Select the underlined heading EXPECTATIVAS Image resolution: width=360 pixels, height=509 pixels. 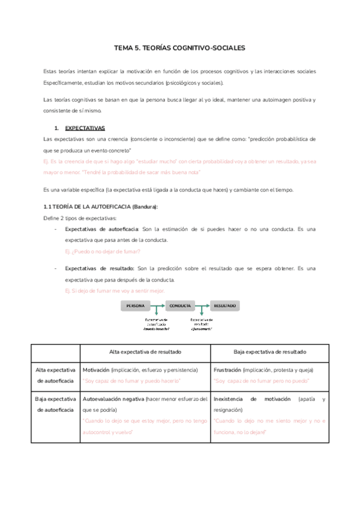pos(85,128)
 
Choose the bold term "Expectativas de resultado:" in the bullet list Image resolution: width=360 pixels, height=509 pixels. pos(100,269)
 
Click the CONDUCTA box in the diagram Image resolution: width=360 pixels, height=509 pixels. pos(180,306)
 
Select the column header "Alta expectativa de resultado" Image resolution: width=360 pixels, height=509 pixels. pos(145,351)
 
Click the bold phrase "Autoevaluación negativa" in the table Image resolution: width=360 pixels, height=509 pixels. pos(112,399)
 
